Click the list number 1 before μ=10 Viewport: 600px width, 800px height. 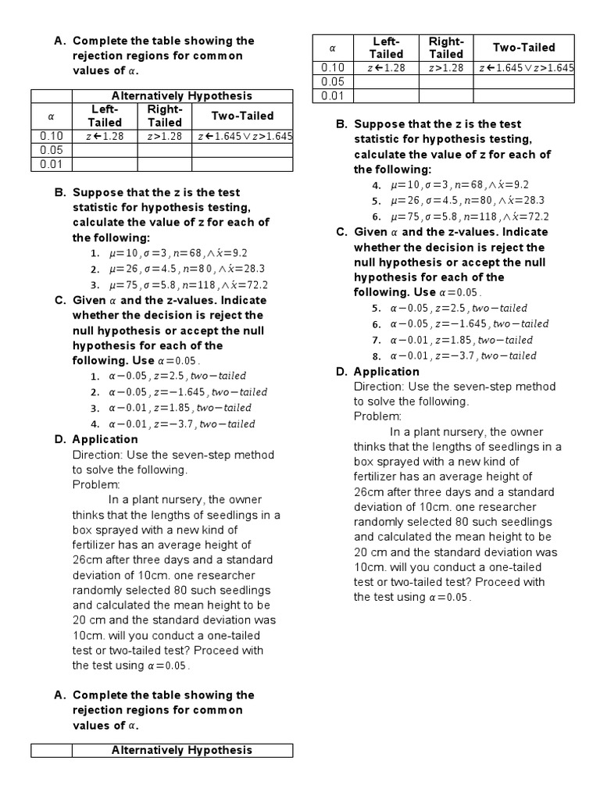94,254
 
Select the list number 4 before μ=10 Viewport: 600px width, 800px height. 376,186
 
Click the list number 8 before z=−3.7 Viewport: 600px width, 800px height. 376,356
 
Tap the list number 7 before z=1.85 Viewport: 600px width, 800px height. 376,341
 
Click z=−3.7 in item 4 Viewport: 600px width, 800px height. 175,424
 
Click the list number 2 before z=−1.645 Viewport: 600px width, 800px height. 94,392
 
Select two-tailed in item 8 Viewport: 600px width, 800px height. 509,355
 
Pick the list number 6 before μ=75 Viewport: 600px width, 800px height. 376,217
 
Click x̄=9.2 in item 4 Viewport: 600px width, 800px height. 510,185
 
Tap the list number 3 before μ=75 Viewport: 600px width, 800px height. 94,286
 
